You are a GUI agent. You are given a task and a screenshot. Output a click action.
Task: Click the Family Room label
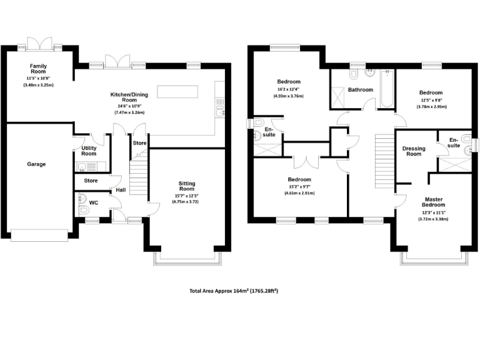coord(38,68)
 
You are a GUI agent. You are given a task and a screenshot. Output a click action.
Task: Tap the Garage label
coord(36,164)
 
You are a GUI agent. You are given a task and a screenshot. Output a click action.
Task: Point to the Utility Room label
coord(88,151)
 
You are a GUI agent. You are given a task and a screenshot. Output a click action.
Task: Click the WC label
coord(94,203)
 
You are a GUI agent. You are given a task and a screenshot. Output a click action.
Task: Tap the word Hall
coord(120,189)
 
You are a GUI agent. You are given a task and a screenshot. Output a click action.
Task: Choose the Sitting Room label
coord(187,186)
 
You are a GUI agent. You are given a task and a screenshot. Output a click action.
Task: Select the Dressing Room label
coord(414,151)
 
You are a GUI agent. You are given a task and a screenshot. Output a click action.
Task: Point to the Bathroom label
coord(361,89)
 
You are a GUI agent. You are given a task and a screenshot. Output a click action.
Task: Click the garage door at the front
coord(39,234)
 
